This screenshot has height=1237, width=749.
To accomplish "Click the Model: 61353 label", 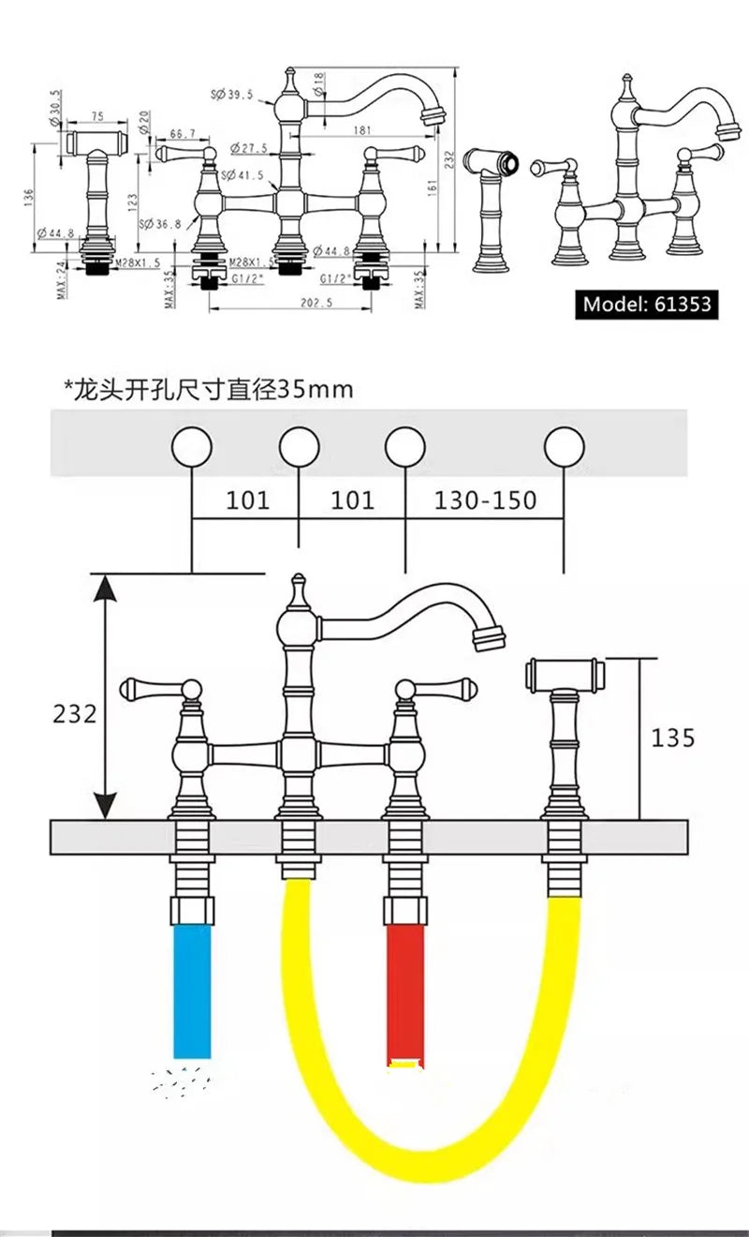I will [x=646, y=304].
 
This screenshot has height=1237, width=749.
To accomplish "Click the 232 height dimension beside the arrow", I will [x=74, y=713].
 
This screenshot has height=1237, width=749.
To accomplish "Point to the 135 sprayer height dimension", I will [x=673, y=738].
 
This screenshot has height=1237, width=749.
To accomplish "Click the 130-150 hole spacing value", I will [x=485, y=499].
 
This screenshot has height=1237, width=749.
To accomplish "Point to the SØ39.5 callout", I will [x=232, y=93].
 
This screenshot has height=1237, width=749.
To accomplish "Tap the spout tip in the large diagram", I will [x=487, y=638].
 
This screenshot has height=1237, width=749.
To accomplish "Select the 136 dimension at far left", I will [x=29, y=198].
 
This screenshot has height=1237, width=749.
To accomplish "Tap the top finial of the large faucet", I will [x=299, y=587].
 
